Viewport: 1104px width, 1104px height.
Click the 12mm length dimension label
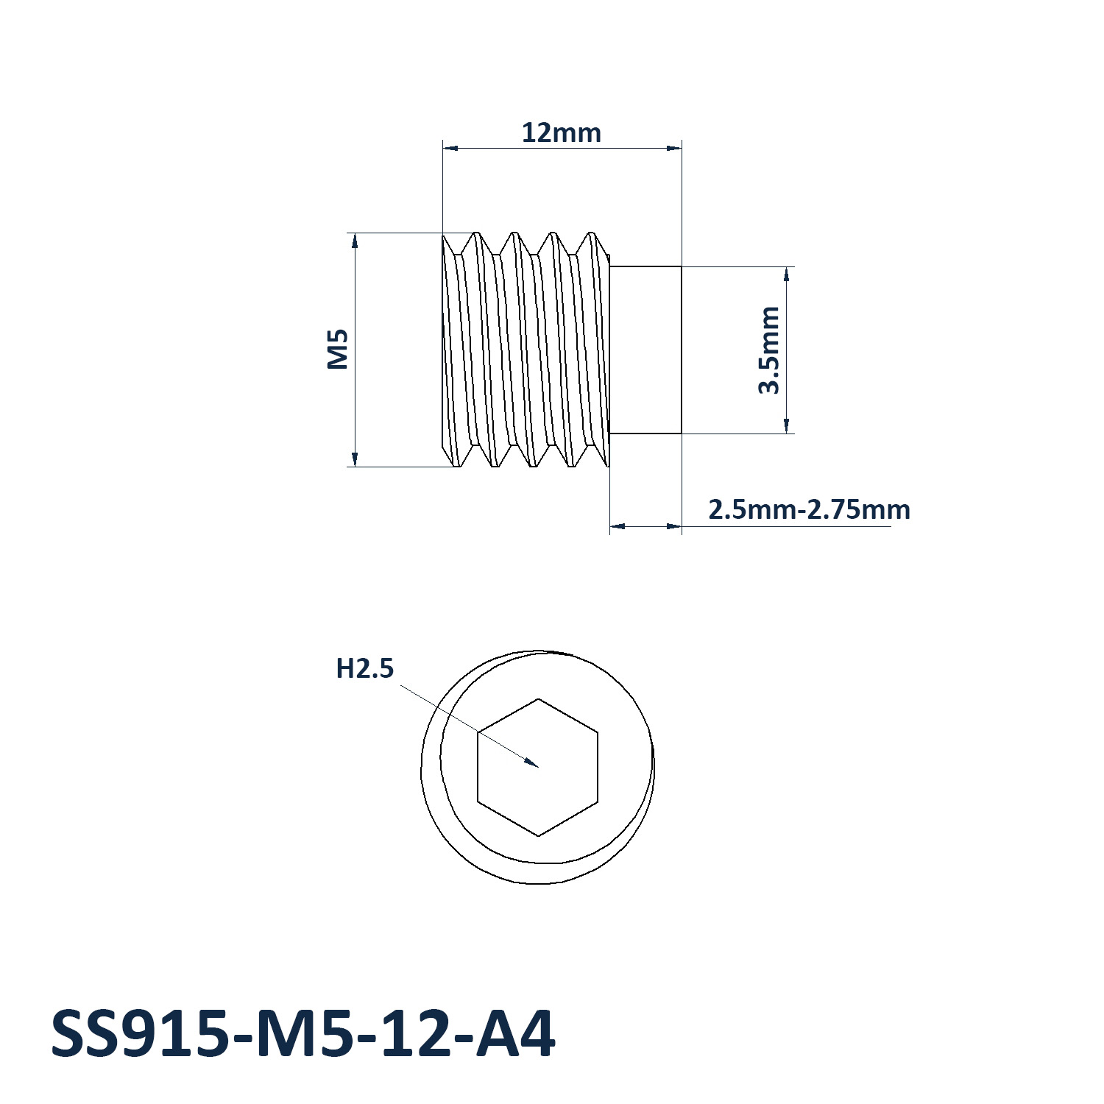pyautogui.click(x=562, y=133)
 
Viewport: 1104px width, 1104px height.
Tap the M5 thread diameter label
pyautogui.click(x=338, y=349)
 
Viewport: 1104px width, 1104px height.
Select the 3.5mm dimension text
pyautogui.click(x=769, y=350)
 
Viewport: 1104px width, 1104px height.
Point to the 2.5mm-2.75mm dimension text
pyautogui.click(x=809, y=509)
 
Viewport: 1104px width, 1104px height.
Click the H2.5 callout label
pyautogui.click(x=365, y=669)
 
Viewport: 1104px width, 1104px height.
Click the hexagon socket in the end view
pyautogui.click(x=538, y=767)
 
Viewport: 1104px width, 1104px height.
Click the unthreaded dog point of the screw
pyautogui.click(x=645, y=350)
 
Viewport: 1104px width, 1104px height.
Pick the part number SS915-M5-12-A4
pyautogui.click(x=302, y=1034)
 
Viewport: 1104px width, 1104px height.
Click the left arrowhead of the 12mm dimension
pyautogui.click(x=450, y=149)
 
